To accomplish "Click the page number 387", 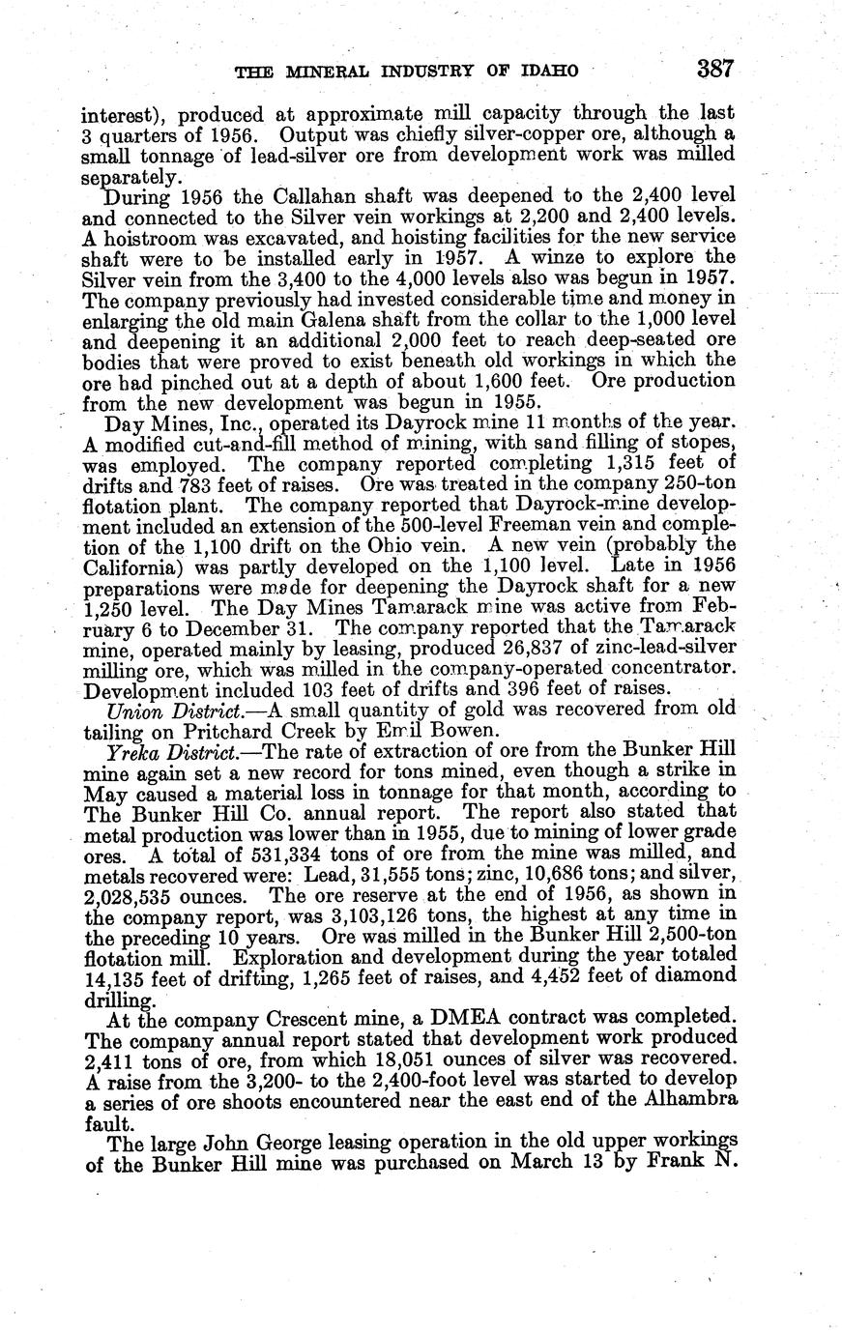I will point(715,70).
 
